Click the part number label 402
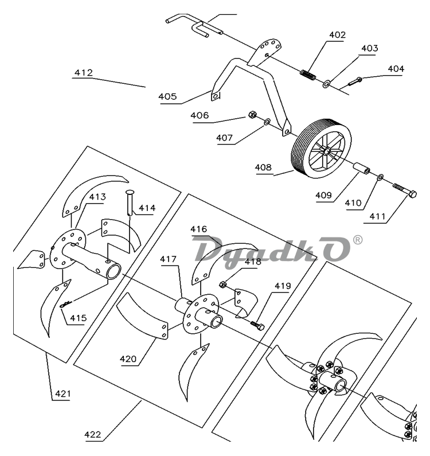pyautogui.click(x=337, y=35)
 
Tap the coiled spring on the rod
pyautogui.click(x=308, y=75)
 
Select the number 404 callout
pyautogui.click(x=396, y=69)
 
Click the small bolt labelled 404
pyautogui.click(x=355, y=81)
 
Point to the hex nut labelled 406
pyautogui.click(x=252, y=115)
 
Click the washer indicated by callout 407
pyautogui.click(x=267, y=122)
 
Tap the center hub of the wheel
pyautogui.click(x=326, y=151)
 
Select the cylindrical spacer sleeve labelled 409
pyautogui.click(x=361, y=169)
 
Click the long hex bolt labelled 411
pyautogui.click(x=404, y=190)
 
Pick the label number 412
pyautogui.click(x=84, y=73)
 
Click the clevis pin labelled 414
pyautogui.click(x=130, y=202)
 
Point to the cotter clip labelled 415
pyautogui.click(x=66, y=304)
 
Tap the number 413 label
pyautogui.click(x=97, y=197)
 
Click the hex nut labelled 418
pyautogui.click(x=222, y=284)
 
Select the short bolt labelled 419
pyautogui.click(x=257, y=325)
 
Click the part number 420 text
pyautogui.click(x=128, y=359)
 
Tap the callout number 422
pyautogui.click(x=93, y=434)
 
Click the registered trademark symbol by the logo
pyautogui.click(x=358, y=240)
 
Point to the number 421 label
pyautogui.click(x=63, y=393)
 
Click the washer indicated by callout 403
pyautogui.click(x=326, y=84)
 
